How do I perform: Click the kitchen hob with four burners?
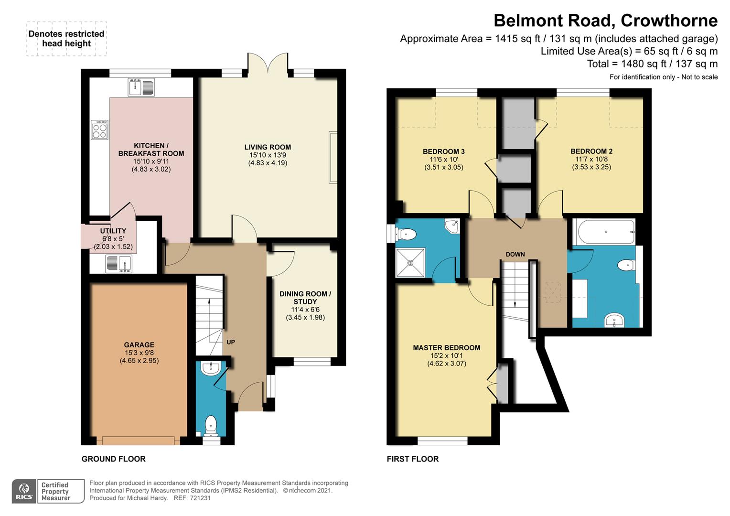[x=99, y=130]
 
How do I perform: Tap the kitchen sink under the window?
[x=141, y=87]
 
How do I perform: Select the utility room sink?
[x=118, y=264]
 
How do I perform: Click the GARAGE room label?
[x=139, y=344]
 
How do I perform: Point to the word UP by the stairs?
[x=231, y=342]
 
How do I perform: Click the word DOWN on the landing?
[x=515, y=254]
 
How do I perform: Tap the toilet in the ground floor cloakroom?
[x=211, y=426]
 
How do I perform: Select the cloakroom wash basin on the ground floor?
[x=211, y=368]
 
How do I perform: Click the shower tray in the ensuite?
[x=410, y=263]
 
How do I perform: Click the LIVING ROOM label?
[x=268, y=147]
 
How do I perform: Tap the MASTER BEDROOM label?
[x=447, y=348]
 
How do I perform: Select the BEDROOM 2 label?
[x=591, y=151]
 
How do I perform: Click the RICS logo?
[x=24, y=491]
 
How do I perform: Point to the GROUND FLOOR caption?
[x=113, y=459]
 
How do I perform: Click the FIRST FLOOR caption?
[x=413, y=459]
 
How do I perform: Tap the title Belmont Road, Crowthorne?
[x=605, y=21]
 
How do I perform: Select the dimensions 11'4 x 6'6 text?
[x=305, y=309]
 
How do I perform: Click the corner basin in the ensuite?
[x=451, y=226]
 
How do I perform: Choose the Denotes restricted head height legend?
[x=66, y=39]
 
